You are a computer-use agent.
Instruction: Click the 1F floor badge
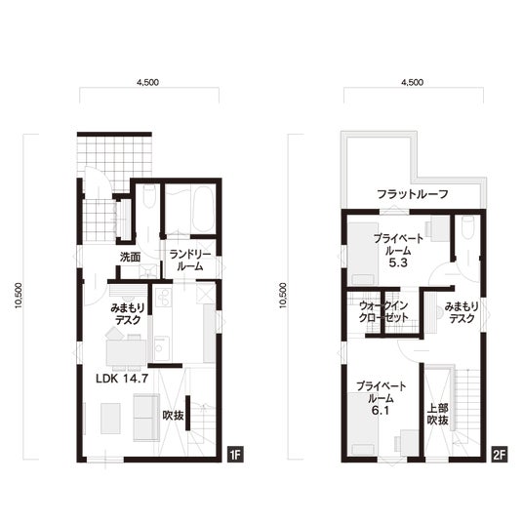coord(235,455)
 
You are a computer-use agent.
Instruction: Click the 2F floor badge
coord(499,455)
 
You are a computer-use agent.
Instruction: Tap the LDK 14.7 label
coord(122,379)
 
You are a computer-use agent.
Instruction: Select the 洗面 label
coord(130,258)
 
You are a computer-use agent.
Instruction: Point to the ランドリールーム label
coord(190,261)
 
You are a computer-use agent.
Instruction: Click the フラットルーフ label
coord(413,194)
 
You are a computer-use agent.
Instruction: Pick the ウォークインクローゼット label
coord(383,311)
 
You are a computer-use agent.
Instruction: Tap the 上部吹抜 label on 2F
coord(437,415)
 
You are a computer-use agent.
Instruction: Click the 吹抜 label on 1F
coord(173,416)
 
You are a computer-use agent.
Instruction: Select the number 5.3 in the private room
coord(398,263)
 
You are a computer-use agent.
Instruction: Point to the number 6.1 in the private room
coord(381,411)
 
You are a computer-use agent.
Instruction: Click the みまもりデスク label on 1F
coord(128,314)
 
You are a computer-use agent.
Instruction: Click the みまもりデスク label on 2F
coord(462,312)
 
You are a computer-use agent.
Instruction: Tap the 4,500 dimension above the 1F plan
coord(147,82)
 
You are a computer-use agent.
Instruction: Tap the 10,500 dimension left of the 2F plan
coord(283,296)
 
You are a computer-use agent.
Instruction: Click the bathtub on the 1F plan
coord(203,209)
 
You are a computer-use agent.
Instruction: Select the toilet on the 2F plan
coord(467,226)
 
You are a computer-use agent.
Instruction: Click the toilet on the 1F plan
coord(149,197)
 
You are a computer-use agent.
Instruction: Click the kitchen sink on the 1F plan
coord(162,348)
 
